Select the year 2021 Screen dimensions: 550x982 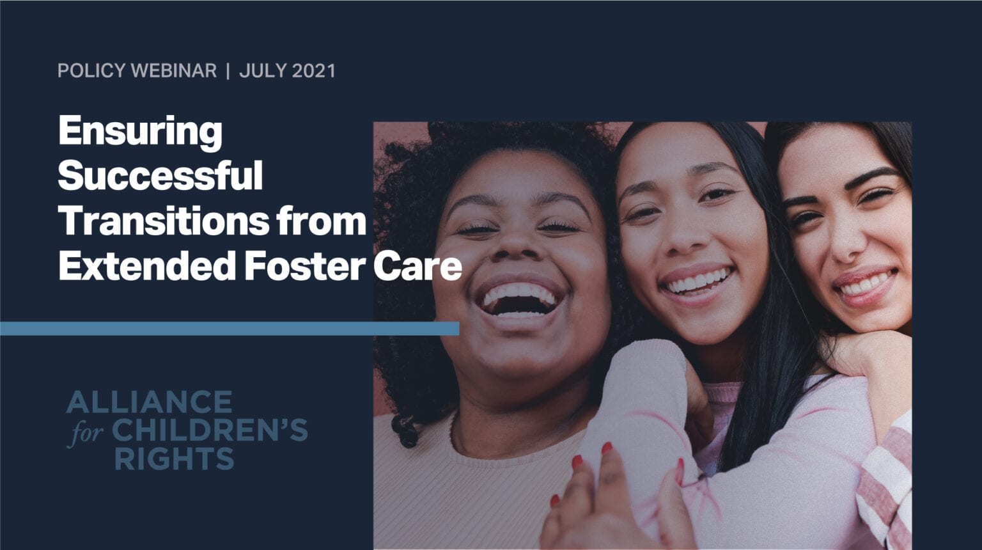pyautogui.click(x=313, y=71)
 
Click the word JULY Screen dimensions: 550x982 pyautogui.click(x=262, y=71)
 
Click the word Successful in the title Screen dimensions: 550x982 pyautogui.click(x=160, y=176)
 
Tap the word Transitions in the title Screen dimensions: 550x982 pyautogui.click(x=164, y=221)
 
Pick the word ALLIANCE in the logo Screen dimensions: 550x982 pyautogui.click(x=149, y=402)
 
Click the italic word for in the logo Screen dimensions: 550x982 pyautogui.click(x=86, y=433)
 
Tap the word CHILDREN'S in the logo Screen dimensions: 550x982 pyautogui.click(x=210, y=431)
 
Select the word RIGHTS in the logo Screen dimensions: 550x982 pyautogui.click(x=174, y=459)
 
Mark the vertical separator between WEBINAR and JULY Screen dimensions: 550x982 pyautogui.click(x=228, y=71)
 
